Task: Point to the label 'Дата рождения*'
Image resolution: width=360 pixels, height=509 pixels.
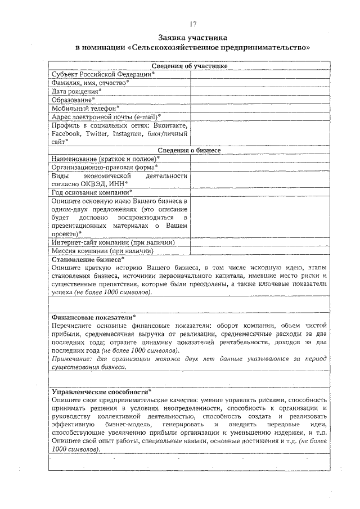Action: (x=76, y=91)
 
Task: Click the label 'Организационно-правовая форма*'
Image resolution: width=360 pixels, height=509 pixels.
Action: (x=105, y=167)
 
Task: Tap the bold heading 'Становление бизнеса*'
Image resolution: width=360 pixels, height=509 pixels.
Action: (x=87, y=260)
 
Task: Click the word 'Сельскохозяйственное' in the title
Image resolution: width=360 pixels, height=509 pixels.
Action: (x=177, y=48)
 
